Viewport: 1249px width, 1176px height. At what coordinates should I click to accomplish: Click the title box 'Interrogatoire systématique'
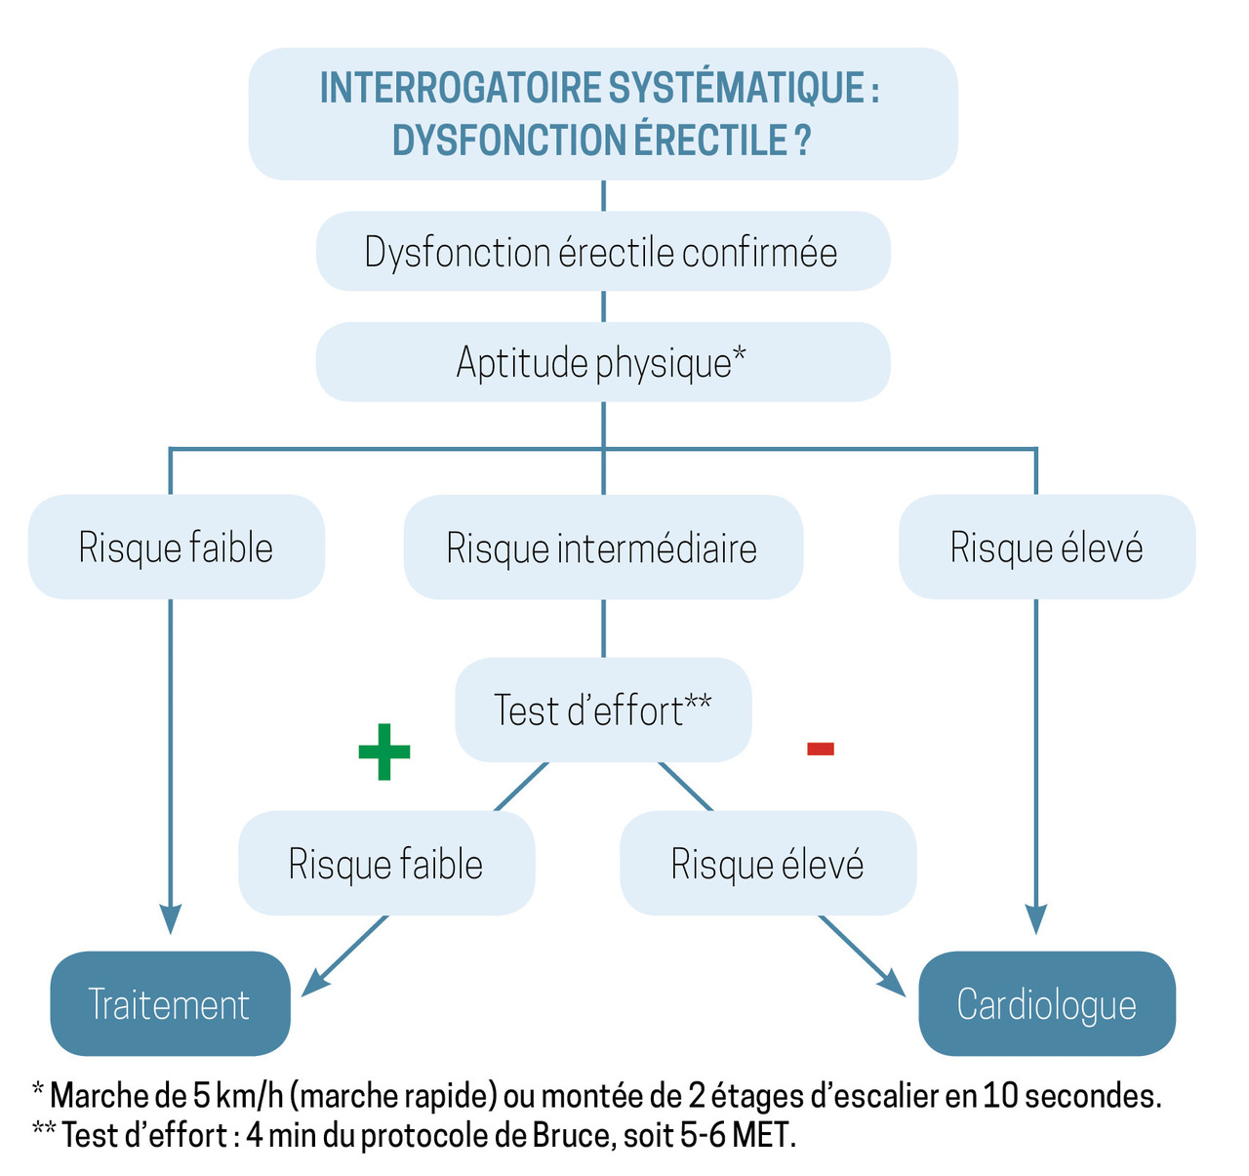(x=602, y=113)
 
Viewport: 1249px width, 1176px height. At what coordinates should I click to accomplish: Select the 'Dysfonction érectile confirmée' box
(x=602, y=252)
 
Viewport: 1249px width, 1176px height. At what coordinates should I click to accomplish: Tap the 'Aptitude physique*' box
(x=602, y=362)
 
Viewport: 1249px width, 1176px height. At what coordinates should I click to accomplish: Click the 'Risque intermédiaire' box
(x=602, y=547)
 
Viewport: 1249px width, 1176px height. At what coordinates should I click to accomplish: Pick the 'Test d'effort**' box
(x=602, y=710)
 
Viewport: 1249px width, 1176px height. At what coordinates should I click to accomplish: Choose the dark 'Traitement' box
(x=170, y=1004)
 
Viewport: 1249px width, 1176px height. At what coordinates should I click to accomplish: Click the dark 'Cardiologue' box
(x=1046, y=1004)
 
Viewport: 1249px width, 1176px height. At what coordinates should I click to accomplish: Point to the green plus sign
(x=383, y=751)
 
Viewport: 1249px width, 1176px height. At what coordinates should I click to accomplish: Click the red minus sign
(x=820, y=749)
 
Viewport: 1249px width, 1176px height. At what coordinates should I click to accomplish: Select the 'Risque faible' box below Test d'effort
(x=386, y=864)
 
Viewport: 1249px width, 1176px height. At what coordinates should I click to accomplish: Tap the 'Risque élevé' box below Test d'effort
(x=767, y=864)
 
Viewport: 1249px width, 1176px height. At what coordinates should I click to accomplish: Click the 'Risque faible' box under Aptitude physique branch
(x=176, y=547)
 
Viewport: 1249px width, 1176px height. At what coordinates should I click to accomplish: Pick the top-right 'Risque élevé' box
(x=1046, y=547)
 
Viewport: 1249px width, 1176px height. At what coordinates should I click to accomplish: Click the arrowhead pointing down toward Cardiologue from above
(x=1035, y=919)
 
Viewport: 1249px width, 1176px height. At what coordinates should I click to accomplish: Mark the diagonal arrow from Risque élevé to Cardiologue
(x=863, y=955)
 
